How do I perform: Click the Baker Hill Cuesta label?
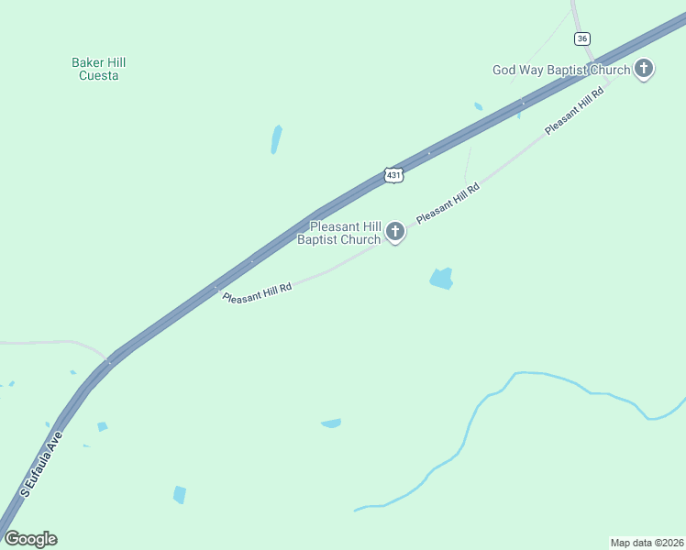(x=98, y=69)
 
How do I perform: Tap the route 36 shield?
(x=582, y=38)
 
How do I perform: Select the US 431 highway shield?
(x=393, y=174)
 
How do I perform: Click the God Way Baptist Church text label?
(x=561, y=70)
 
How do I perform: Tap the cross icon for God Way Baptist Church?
(x=645, y=68)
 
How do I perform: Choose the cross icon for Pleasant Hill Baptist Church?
(x=395, y=231)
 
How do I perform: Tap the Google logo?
(x=30, y=539)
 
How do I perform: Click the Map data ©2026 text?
(x=647, y=543)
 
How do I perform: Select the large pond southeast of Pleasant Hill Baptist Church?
(x=442, y=279)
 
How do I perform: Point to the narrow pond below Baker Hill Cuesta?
(x=276, y=139)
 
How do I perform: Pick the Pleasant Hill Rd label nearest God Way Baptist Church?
(x=574, y=111)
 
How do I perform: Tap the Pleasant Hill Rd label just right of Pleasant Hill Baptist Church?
(x=448, y=203)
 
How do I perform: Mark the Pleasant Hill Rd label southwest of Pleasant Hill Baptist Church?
(x=257, y=292)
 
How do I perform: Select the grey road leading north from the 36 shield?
(x=575, y=14)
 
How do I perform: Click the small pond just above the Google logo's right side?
(x=179, y=494)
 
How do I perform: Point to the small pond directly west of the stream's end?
(x=331, y=423)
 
